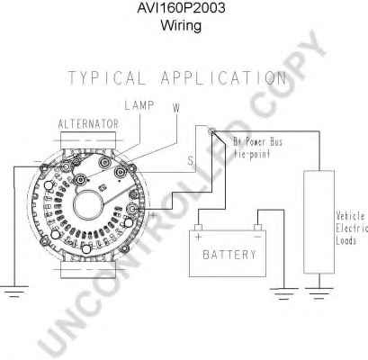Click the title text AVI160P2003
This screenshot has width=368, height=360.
[181, 8]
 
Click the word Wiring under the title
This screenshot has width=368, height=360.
[181, 25]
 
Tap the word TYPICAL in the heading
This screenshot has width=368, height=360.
[106, 78]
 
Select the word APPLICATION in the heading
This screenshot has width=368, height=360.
[224, 78]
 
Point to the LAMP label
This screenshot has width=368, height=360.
[139, 105]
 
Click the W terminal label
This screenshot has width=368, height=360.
[176, 108]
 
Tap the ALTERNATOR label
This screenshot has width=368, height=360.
[88, 124]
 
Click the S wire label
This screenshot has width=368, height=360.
[191, 161]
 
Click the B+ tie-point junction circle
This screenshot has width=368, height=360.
[211, 130]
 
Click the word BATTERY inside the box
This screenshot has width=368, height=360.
[229, 255]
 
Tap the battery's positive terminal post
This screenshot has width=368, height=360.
[198, 227]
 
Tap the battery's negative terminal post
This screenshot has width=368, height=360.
[257, 227]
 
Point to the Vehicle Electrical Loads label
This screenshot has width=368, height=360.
[352, 228]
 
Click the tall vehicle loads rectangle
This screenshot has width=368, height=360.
[319, 222]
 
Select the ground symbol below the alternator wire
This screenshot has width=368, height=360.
[13, 292]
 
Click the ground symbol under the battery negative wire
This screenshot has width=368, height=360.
[283, 293]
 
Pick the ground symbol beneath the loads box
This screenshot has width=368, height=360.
[319, 293]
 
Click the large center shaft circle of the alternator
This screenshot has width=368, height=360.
[87, 206]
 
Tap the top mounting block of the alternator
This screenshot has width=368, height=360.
[88, 140]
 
